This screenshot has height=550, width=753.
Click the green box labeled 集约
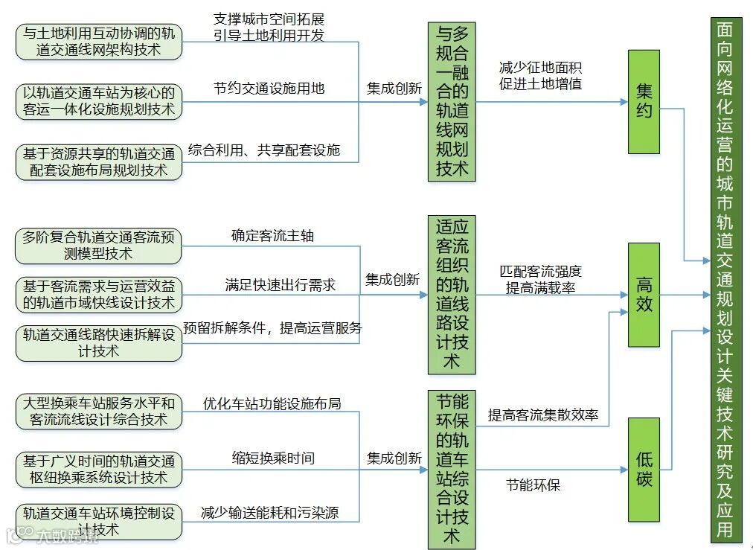tap(644, 101)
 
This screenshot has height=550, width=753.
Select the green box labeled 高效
tap(644, 295)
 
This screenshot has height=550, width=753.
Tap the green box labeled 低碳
tap(644, 470)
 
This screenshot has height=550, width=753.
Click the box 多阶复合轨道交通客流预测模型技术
tap(98, 246)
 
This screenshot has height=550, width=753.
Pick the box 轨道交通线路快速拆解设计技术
tap(98, 343)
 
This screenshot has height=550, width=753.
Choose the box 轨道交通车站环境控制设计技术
tap(98, 521)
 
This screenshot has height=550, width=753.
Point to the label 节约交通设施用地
tap(269, 88)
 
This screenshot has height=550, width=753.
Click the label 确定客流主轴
tap(272, 236)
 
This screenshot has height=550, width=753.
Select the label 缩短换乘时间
tap(273, 458)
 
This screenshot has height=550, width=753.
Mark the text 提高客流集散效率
tap(543, 415)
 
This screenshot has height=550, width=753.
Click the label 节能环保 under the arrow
tap(533, 485)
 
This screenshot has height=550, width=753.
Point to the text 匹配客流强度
tap(540, 272)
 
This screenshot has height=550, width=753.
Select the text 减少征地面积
tap(540, 68)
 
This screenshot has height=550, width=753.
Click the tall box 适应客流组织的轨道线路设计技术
tap(452, 295)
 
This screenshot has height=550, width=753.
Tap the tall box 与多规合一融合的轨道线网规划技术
tap(452, 101)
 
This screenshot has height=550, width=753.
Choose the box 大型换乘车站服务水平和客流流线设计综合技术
tap(98, 412)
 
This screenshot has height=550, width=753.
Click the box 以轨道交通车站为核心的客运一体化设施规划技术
tap(98, 101)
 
